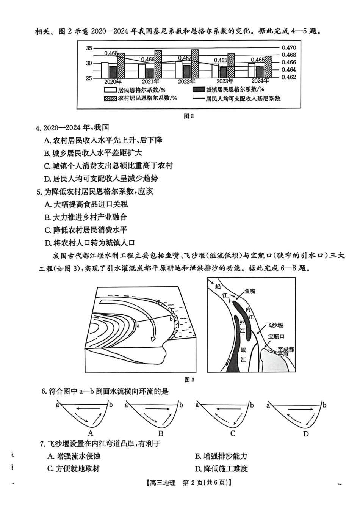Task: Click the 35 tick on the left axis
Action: [89, 48]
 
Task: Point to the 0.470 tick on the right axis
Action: [288, 48]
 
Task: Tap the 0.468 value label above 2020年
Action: [111, 53]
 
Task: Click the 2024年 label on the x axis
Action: [260, 81]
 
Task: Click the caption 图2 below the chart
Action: [188, 116]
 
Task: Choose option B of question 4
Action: [93, 153]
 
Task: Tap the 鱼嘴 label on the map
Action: [250, 291]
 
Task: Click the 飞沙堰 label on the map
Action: [275, 325]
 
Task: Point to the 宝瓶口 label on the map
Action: [276, 336]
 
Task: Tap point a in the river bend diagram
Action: [138, 325]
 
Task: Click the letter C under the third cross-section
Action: [233, 433]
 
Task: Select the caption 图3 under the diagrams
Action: [189, 380]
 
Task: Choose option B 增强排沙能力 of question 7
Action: [221, 456]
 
